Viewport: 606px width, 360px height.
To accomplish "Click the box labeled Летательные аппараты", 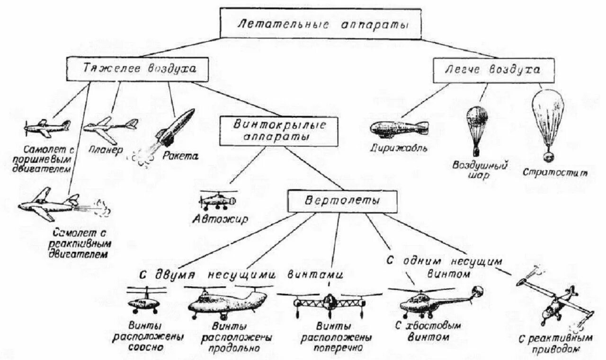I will pos(321,24).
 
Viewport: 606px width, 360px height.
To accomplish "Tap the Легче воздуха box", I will pos(493,70).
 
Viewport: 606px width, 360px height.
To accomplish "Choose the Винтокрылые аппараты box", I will pos(278,131).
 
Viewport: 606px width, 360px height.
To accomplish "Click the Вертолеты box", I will pos(343,201).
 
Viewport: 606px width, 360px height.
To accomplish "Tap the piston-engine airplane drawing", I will pos(47,127).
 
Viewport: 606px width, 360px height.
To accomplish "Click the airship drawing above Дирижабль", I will pos(400,129).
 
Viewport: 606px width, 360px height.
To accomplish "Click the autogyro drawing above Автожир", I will pos(217,201).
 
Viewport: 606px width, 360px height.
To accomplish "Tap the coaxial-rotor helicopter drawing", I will pos(143,301).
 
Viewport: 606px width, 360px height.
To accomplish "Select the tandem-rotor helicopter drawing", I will pos(227,303).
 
